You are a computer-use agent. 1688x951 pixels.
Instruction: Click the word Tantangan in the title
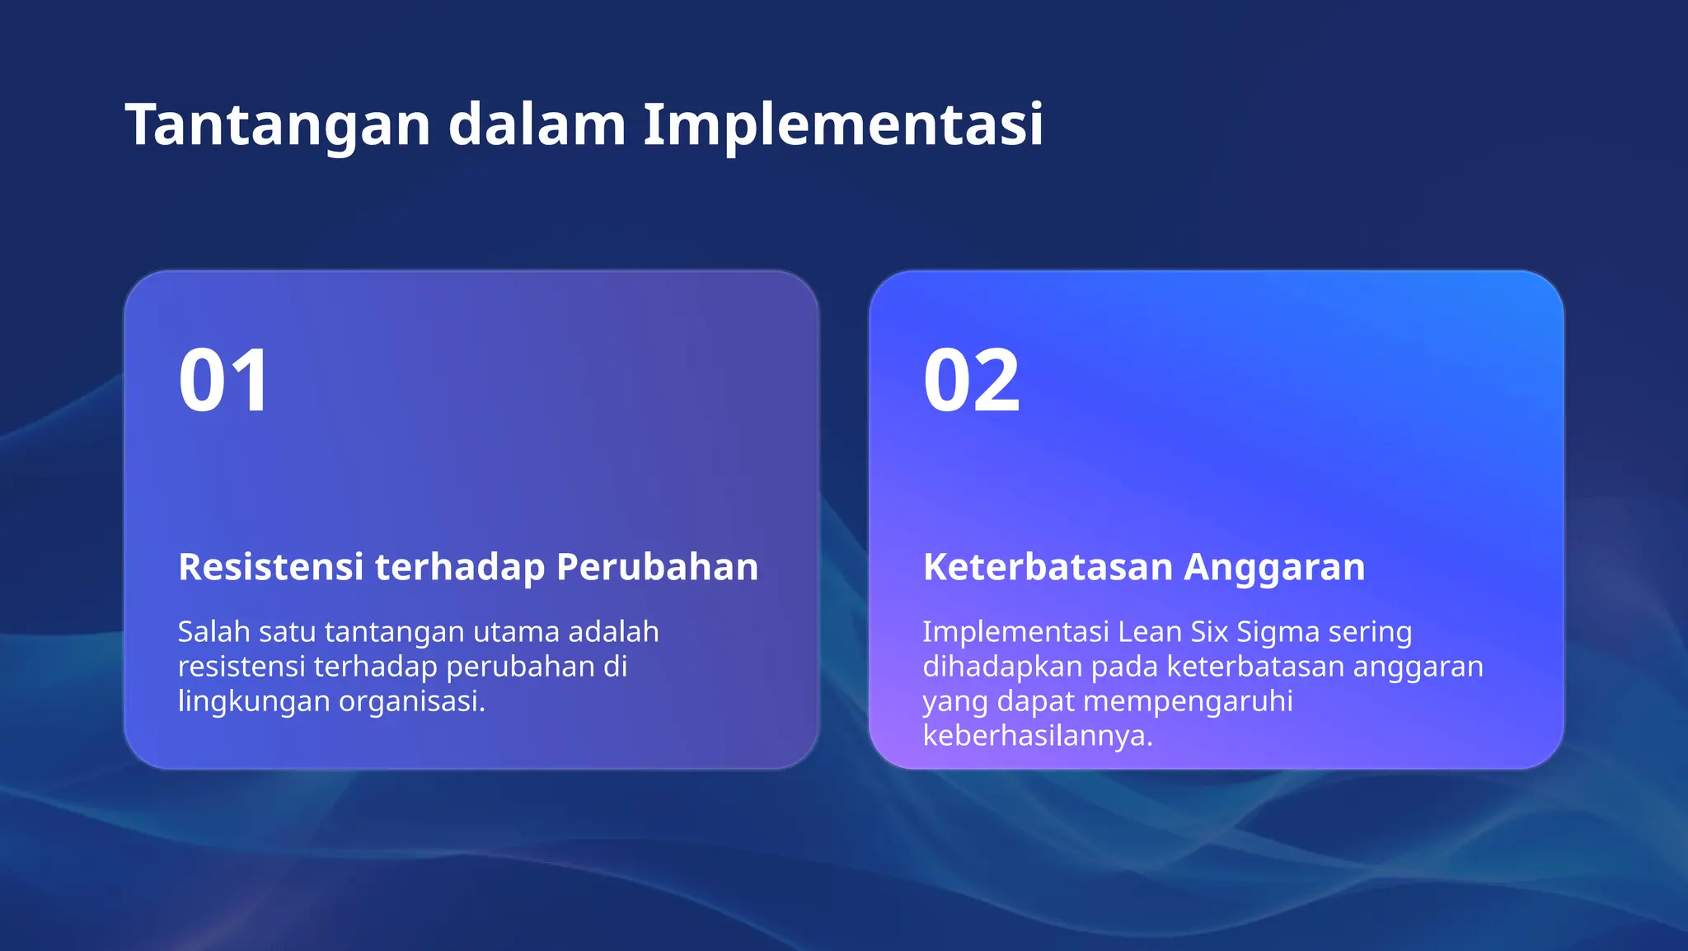278,125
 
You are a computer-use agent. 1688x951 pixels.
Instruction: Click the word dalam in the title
537,125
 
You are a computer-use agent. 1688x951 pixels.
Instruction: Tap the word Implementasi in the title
842,125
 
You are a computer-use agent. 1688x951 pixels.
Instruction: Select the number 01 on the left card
223,381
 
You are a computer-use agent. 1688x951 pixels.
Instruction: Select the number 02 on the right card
972,381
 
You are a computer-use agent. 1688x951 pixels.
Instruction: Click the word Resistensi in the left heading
270,567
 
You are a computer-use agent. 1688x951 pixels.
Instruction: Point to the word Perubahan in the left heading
657,567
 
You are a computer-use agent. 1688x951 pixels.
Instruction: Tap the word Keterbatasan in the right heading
1048,567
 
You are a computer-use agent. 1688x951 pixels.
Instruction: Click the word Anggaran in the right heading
1274,567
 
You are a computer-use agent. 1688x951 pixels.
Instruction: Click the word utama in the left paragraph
516,632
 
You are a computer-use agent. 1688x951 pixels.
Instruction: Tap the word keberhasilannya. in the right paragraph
1037,736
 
